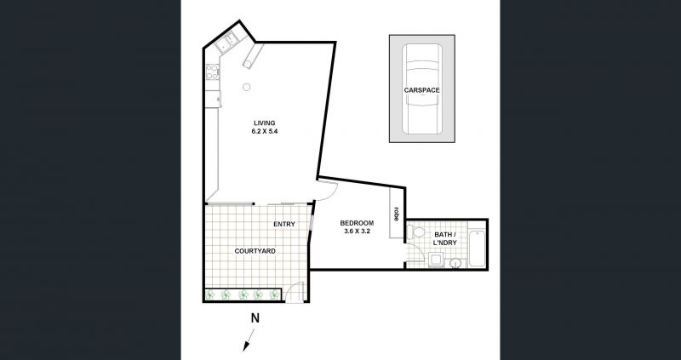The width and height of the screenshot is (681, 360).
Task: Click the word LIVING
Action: [x=265, y=123]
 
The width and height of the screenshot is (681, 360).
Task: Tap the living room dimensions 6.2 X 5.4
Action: [x=264, y=131]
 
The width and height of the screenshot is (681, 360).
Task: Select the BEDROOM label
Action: [x=357, y=223]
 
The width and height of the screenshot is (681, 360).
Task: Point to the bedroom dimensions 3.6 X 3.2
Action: [x=357, y=231]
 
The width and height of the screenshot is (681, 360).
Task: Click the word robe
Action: [x=396, y=214]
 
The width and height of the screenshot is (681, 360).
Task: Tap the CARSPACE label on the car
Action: [x=421, y=90]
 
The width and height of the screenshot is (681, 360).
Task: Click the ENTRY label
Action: [x=284, y=224]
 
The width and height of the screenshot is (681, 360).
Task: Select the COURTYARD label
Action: [x=255, y=251]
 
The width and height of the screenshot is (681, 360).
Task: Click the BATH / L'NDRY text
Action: [x=445, y=238]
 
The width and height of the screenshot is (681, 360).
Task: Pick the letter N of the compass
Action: [x=255, y=318]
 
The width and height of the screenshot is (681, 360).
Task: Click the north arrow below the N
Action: [x=249, y=340]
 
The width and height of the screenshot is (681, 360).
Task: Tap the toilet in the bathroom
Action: [x=417, y=231]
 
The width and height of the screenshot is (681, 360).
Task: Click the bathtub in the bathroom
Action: [x=477, y=249]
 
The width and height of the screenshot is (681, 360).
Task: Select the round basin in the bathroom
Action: [x=455, y=263]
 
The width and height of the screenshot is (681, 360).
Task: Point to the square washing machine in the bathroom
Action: [x=434, y=260]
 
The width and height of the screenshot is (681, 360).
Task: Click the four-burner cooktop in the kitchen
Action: [x=212, y=72]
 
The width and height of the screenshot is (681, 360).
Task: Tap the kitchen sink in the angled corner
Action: [x=227, y=42]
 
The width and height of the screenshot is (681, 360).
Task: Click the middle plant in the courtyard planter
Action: [x=243, y=294]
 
